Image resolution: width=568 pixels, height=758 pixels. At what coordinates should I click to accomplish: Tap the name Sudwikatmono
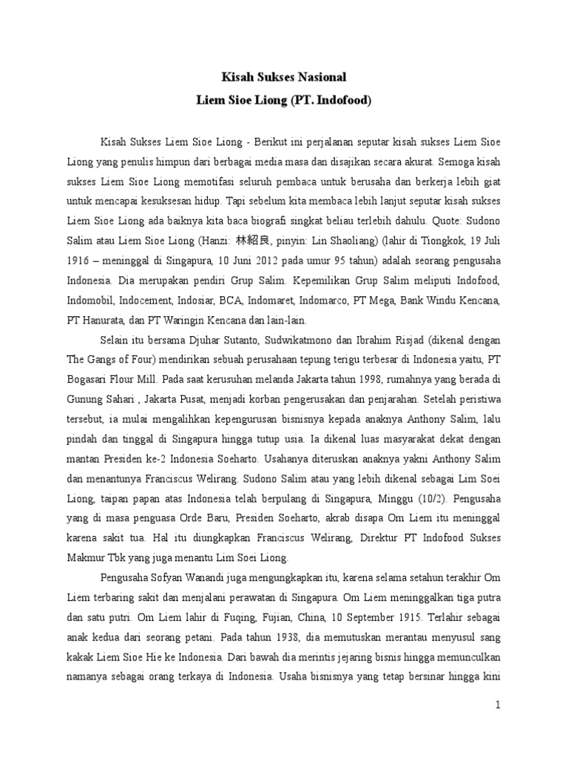click(305, 339)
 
